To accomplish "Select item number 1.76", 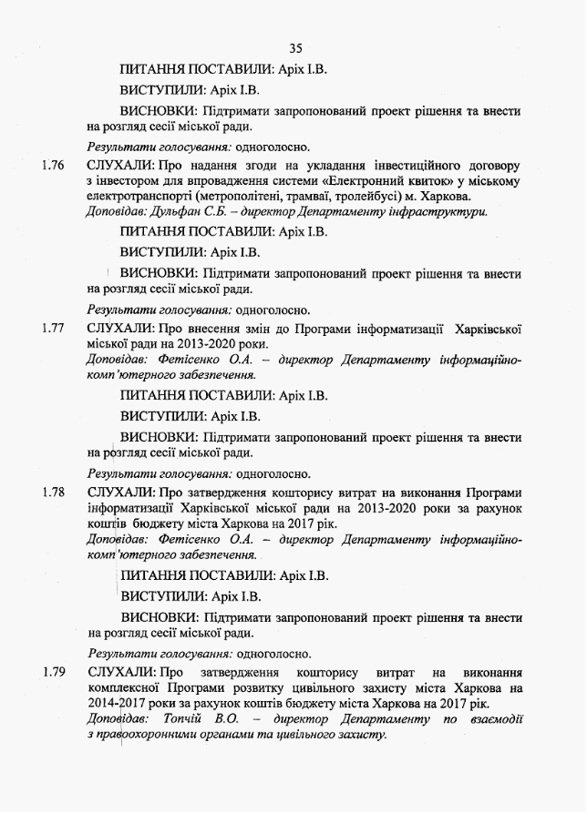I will point(53,166).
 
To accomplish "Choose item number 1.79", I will point(53,673).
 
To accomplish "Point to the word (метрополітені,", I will point(233,197).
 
